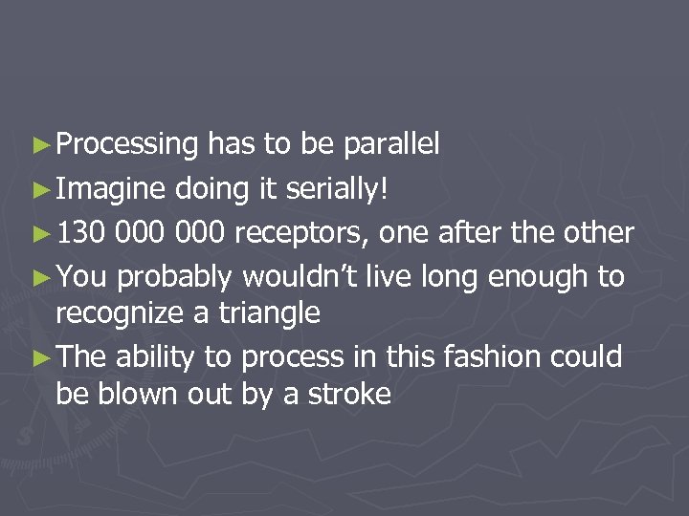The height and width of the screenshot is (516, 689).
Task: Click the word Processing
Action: pos(126,144)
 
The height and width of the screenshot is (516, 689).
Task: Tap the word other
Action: pos(597,232)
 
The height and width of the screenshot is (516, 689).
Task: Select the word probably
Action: pos(174,277)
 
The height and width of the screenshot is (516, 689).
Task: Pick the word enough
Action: pos(539,277)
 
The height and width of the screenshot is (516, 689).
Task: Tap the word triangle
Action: pos(271,312)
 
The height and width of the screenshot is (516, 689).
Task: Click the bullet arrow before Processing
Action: pos(39,145)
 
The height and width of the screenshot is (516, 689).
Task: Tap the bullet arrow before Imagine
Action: pos(39,188)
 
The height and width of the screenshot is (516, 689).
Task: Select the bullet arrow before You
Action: pos(39,277)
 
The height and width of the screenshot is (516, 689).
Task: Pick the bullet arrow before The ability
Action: pos(39,357)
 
